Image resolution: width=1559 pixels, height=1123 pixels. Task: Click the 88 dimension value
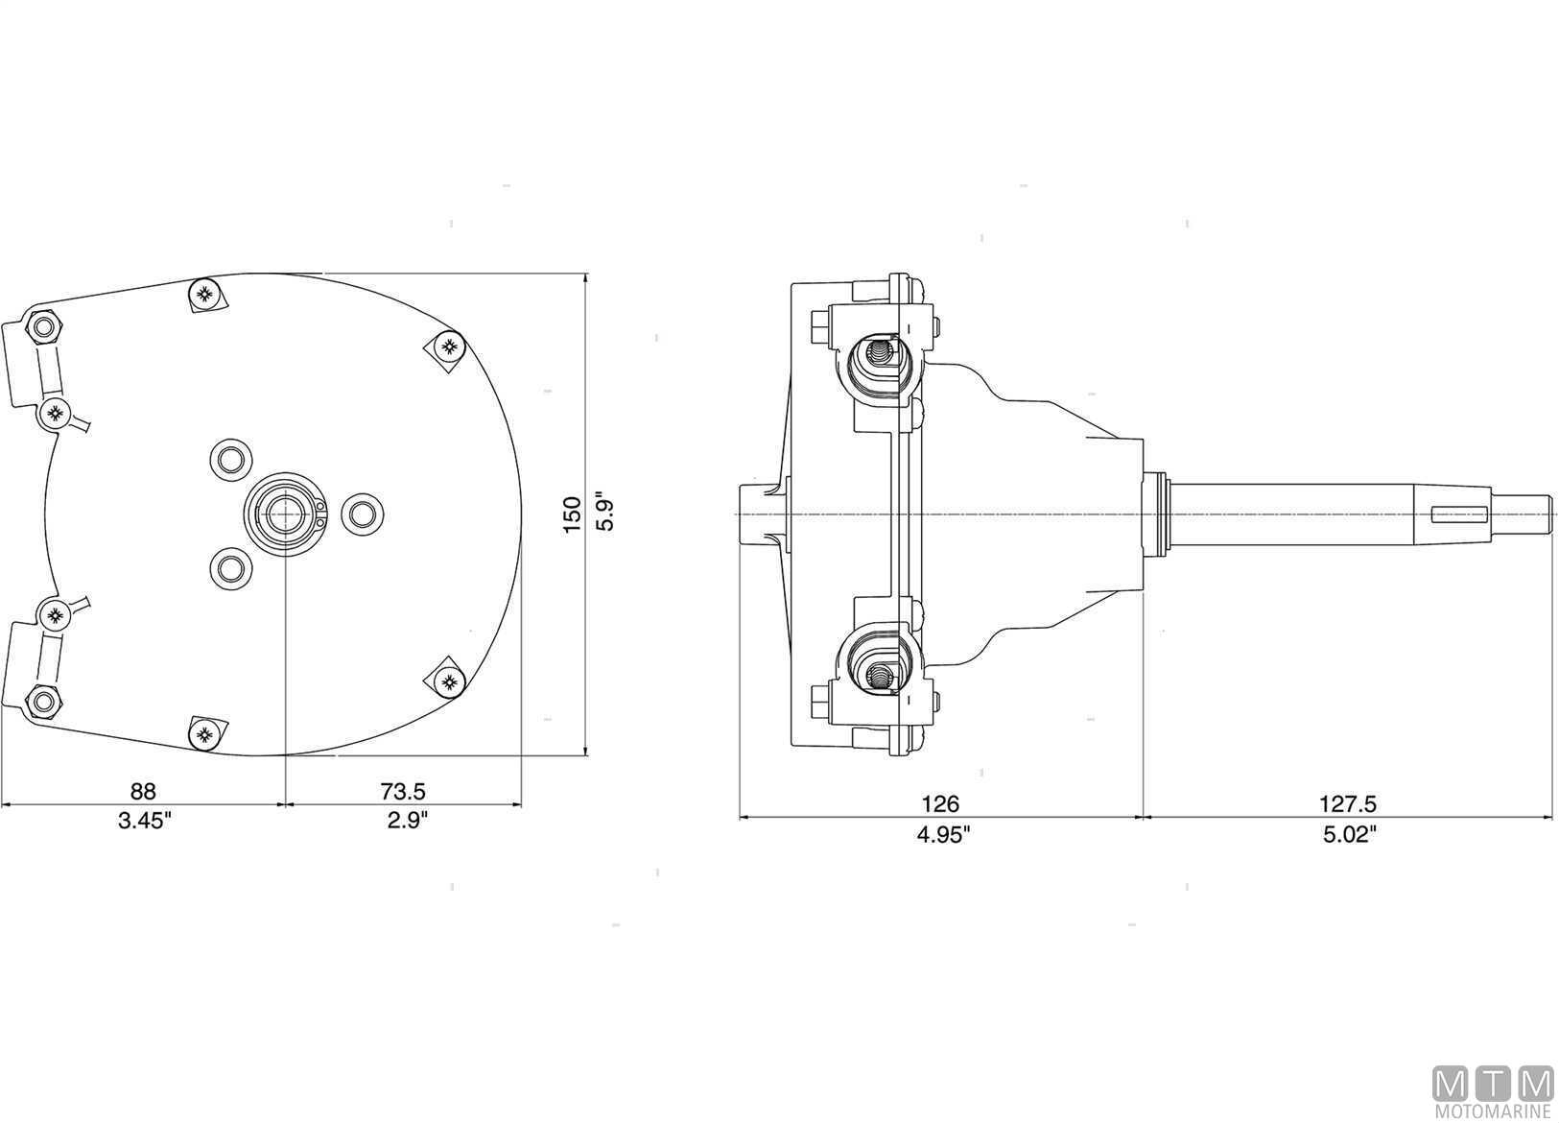click(143, 791)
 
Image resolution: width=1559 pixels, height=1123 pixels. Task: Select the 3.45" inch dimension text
click(143, 821)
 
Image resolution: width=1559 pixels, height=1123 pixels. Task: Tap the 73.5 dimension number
click(403, 791)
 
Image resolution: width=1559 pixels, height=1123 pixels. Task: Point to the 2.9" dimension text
click(403, 821)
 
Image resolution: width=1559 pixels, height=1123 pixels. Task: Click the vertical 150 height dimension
click(573, 514)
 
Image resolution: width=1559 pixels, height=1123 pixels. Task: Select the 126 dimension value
click(940, 804)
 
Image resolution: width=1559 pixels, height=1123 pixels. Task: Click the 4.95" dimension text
click(944, 834)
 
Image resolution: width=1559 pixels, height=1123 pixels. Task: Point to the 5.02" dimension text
click(1350, 834)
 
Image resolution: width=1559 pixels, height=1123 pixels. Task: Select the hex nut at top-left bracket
click(43, 329)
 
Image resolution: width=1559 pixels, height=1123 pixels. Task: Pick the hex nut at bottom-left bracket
click(42, 702)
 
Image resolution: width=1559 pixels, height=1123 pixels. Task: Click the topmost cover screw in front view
click(204, 293)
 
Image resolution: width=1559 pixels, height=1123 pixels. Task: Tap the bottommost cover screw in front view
click(203, 736)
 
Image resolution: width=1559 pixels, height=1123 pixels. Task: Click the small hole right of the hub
click(362, 514)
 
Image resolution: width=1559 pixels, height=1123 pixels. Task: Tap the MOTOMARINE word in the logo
click(1493, 1112)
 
